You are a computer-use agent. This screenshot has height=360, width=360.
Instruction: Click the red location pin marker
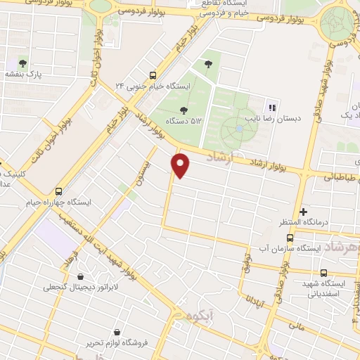point(181,165)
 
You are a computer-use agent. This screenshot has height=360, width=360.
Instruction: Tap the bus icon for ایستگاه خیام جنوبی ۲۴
point(153,75)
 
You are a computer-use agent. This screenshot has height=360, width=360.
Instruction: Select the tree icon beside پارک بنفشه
point(23,63)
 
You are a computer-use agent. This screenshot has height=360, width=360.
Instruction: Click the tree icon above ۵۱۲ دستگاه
point(184,110)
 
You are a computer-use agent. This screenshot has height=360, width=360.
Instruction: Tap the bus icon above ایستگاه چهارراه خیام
point(58,191)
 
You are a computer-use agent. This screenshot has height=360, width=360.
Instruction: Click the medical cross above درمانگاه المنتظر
point(303,212)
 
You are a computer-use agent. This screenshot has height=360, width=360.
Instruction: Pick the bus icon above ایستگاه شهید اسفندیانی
point(323,273)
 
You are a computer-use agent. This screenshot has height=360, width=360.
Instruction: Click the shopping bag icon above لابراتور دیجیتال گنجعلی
point(82,276)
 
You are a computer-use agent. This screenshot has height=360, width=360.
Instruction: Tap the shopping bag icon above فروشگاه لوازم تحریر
point(117,332)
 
